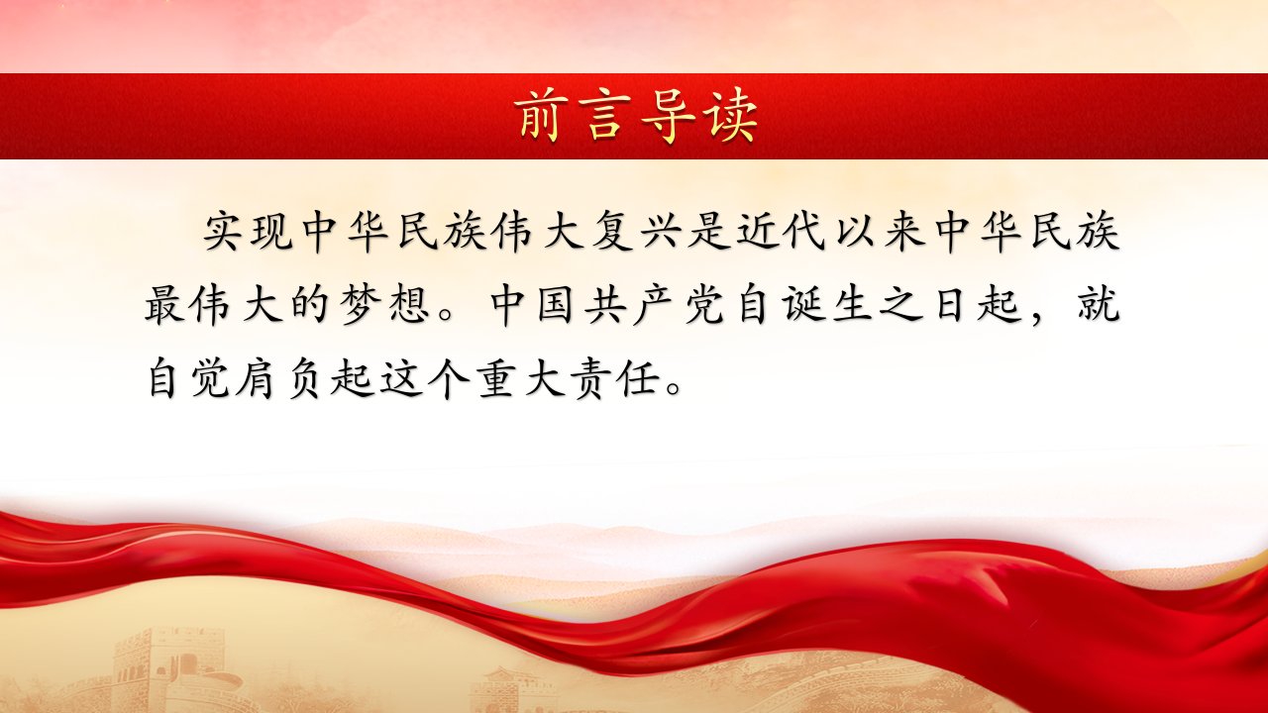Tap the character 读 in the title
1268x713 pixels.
(x=732, y=117)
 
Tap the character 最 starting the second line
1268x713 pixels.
(x=164, y=306)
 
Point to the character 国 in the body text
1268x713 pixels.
(x=557, y=306)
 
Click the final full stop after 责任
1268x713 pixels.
(x=673, y=389)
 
